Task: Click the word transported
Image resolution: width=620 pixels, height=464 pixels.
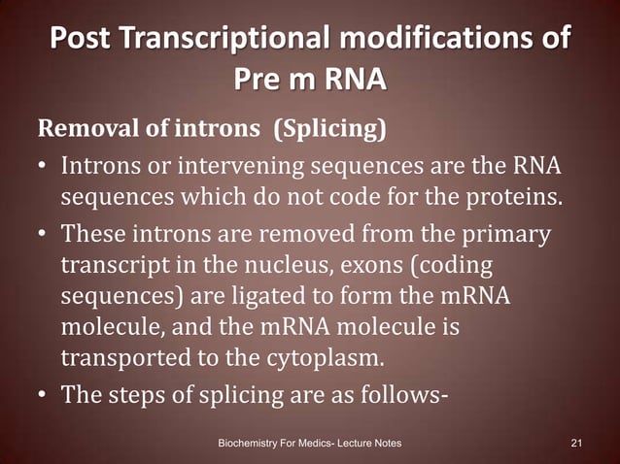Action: pos(119,358)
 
